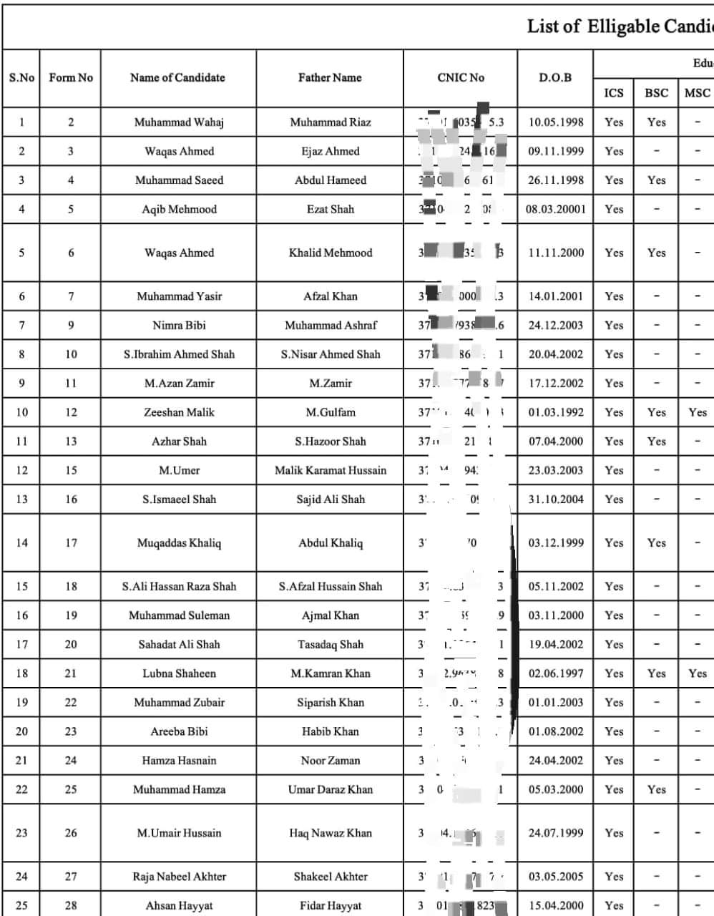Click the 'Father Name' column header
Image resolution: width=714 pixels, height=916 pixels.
tap(330, 78)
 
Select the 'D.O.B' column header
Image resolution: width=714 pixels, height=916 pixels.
tap(555, 78)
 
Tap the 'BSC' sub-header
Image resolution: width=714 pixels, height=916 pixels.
tap(656, 93)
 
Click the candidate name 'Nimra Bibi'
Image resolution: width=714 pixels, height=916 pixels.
tap(179, 325)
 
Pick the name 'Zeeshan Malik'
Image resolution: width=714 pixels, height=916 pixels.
tap(179, 412)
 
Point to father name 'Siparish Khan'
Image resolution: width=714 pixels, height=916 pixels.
tap(330, 702)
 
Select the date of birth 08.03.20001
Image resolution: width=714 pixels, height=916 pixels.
tap(555, 209)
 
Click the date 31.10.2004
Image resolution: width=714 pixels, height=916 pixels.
tap(555, 500)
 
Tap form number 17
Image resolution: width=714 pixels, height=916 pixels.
tap(71, 542)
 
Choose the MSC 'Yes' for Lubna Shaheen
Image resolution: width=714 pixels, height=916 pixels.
tap(698, 673)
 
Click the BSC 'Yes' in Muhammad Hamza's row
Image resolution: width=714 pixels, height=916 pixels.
tap(656, 789)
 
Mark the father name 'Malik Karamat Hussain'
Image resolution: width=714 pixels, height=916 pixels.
tap(330, 470)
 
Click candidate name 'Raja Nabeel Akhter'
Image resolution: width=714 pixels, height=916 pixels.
tap(179, 877)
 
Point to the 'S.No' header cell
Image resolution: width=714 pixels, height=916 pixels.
tap(21, 78)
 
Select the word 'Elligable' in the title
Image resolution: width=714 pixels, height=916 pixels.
tap(620, 27)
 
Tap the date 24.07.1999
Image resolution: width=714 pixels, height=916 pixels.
tap(555, 833)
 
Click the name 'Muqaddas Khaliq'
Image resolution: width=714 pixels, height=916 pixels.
tap(179, 542)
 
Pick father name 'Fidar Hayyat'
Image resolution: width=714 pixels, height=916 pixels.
tap(330, 905)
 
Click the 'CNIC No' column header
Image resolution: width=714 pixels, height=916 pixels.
tap(461, 78)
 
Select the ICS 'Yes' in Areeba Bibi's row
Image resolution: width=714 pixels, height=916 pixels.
tap(614, 731)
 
